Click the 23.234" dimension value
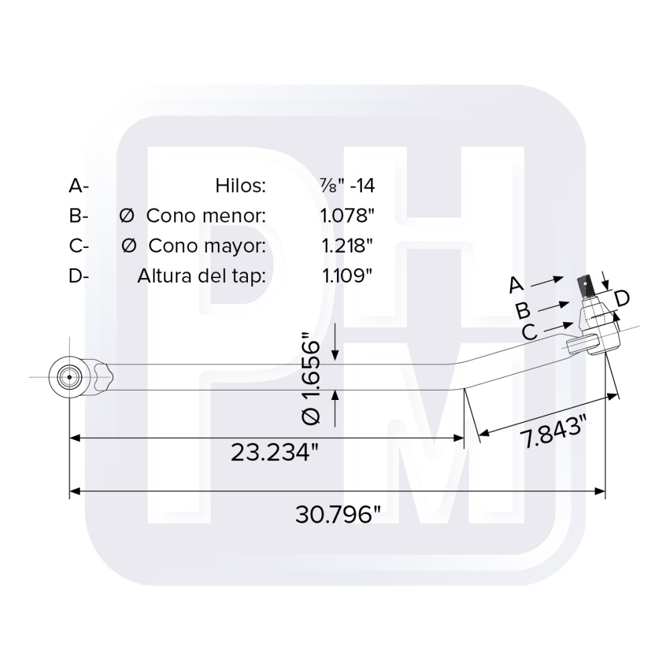273,452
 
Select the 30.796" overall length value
338,515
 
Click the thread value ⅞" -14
348,186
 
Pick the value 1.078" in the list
347,216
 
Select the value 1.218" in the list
347,246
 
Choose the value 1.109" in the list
347,276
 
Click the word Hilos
241,186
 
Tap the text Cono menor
206,216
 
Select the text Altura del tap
202,276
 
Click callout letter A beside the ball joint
515,285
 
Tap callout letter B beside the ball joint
523,310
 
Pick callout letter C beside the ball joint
529,331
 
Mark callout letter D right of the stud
621,298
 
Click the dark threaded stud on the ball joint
587,287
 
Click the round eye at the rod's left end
69,377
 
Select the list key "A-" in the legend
78,186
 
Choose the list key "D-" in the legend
78,276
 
